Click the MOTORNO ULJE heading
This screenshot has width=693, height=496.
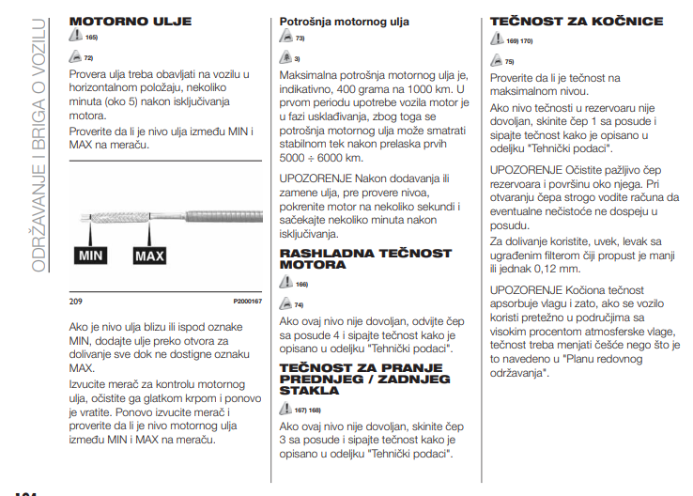click(x=131, y=21)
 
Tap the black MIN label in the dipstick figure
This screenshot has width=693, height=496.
click(x=91, y=255)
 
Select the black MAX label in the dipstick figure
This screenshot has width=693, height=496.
click(x=148, y=255)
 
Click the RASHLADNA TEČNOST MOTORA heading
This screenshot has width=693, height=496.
click(x=365, y=259)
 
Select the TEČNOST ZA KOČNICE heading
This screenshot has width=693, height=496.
click(x=577, y=21)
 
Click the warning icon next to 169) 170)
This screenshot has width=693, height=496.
click(x=498, y=41)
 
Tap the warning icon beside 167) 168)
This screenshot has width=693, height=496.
click(x=286, y=410)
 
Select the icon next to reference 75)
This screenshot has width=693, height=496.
click(x=498, y=61)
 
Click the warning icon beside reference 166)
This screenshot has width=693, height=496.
click(x=286, y=284)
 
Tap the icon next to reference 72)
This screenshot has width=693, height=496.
click(x=76, y=56)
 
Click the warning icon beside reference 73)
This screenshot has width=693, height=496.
click(x=286, y=39)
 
